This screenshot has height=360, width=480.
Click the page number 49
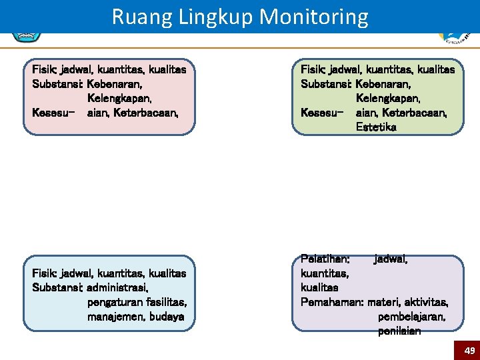(469, 351)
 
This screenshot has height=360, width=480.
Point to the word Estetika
(376, 127)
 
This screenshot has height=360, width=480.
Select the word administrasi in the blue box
(118, 287)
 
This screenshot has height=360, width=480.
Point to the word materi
(385, 301)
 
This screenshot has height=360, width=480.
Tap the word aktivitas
(427, 301)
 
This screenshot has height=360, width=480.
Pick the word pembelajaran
(412, 316)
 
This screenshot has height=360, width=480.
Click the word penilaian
(399, 331)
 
